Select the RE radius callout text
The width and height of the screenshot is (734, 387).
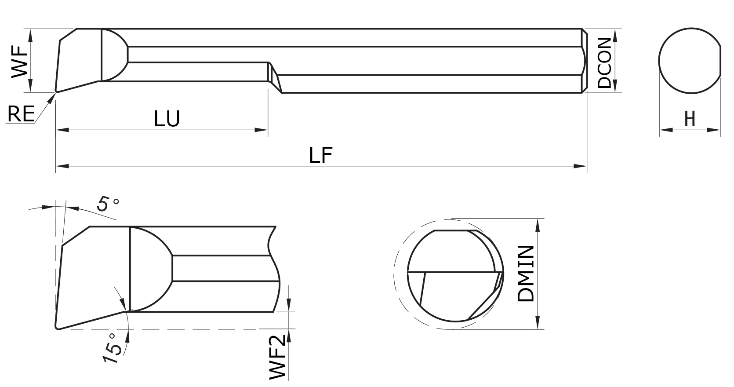(x=21, y=114)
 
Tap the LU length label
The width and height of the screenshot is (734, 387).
(x=167, y=119)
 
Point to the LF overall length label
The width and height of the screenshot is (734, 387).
(x=321, y=155)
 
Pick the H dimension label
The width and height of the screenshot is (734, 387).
(x=690, y=119)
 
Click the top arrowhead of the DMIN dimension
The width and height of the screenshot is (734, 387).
(x=537, y=224)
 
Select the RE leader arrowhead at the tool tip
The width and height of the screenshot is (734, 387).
(x=53, y=96)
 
